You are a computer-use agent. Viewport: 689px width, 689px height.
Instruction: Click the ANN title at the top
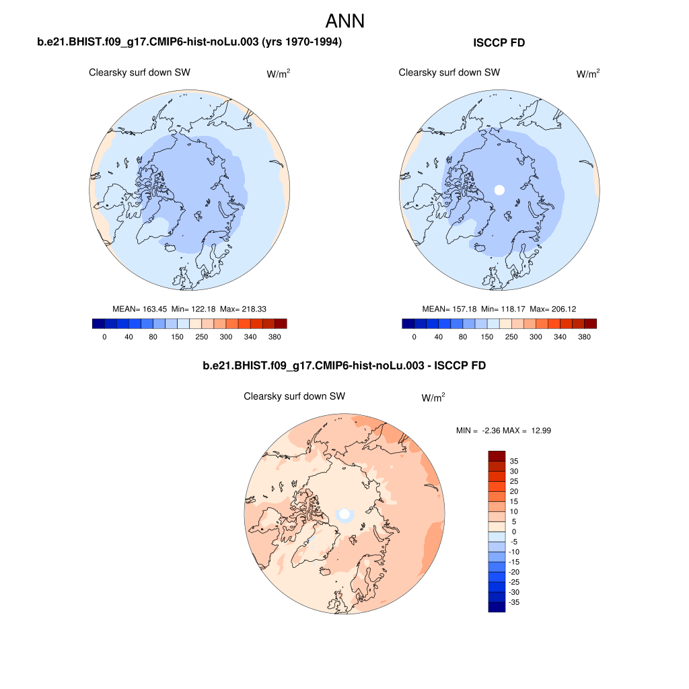point(344,21)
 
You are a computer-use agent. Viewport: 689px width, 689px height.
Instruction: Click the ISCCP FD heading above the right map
point(499,43)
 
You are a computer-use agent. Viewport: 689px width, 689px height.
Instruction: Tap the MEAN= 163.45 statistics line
point(189,309)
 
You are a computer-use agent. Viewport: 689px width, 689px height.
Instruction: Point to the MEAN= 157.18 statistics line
point(499,309)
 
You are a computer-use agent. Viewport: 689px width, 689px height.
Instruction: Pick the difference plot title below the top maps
point(344,366)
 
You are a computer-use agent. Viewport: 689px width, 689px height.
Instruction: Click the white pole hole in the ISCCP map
point(499,190)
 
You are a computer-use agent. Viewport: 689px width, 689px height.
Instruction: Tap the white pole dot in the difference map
point(344,514)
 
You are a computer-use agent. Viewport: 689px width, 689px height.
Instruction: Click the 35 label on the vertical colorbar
point(513,461)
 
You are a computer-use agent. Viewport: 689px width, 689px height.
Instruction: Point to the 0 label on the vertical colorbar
point(513,532)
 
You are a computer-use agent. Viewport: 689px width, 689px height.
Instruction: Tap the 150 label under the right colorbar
point(487,336)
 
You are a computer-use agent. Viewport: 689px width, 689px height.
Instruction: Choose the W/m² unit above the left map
point(279,74)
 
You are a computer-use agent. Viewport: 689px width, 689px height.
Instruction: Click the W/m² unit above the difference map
point(433,398)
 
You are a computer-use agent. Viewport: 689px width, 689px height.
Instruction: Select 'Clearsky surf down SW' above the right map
point(449,73)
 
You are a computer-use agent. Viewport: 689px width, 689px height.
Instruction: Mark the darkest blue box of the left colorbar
point(98,324)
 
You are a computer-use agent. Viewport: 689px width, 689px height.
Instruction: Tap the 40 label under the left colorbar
point(129,336)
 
